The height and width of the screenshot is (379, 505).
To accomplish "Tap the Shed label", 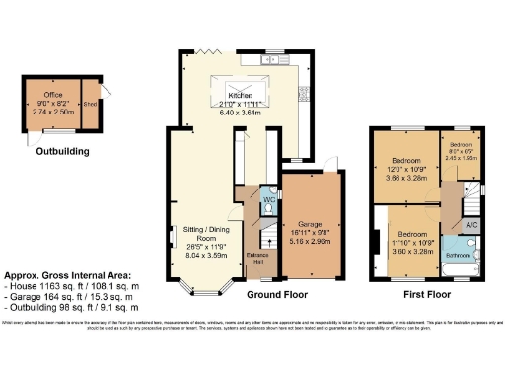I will [90, 101].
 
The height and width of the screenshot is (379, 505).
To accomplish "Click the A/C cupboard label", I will [470, 225].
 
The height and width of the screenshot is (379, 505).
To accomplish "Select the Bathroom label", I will [458, 255].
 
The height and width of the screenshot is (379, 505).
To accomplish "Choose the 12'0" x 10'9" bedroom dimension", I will [406, 168].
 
